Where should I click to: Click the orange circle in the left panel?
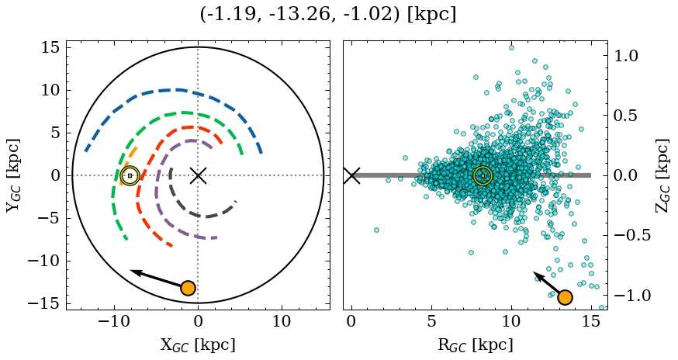[187, 289]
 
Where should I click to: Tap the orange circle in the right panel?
[565, 297]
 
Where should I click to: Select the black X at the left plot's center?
[198, 175]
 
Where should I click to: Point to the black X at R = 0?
[351, 175]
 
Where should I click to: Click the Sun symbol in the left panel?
[130, 176]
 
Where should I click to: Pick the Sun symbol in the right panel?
[483, 176]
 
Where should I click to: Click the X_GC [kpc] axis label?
[197, 344]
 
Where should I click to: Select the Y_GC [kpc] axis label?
[14, 175]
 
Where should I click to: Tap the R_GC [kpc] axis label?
[475, 344]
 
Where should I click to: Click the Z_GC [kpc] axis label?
[662, 175]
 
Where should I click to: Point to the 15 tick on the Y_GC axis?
[50, 48]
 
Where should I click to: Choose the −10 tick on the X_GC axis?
[114, 321]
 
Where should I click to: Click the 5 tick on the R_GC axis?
[431, 321]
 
